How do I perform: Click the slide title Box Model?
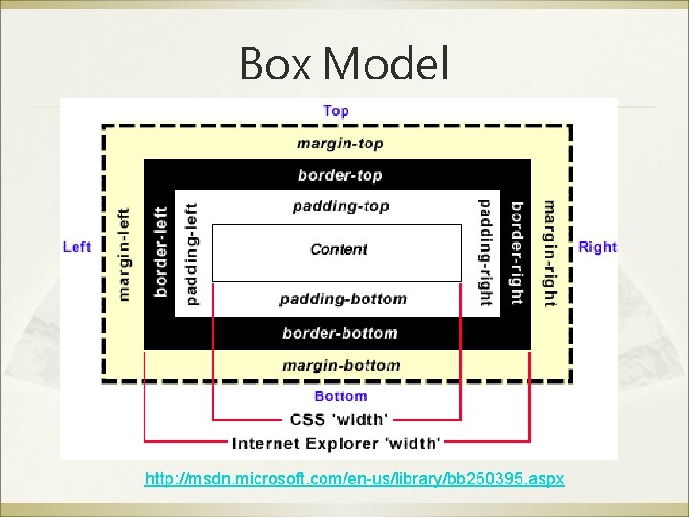point(344,64)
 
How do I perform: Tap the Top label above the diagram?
point(336,111)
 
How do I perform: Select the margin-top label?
point(340,144)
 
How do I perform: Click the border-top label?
point(340,175)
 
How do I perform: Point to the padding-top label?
point(340,206)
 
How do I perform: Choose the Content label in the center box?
point(339,249)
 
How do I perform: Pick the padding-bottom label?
point(343,299)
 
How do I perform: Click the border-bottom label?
point(340,333)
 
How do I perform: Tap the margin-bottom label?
point(341,365)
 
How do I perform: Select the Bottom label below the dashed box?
point(340,396)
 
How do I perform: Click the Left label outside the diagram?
point(77,247)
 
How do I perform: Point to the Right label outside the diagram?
point(598,247)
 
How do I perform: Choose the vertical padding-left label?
point(191,254)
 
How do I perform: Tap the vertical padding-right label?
point(484,254)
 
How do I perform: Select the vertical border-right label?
point(517,254)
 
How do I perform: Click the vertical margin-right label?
point(549,254)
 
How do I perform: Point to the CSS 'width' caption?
point(338,419)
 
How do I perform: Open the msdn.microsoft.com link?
point(354,477)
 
